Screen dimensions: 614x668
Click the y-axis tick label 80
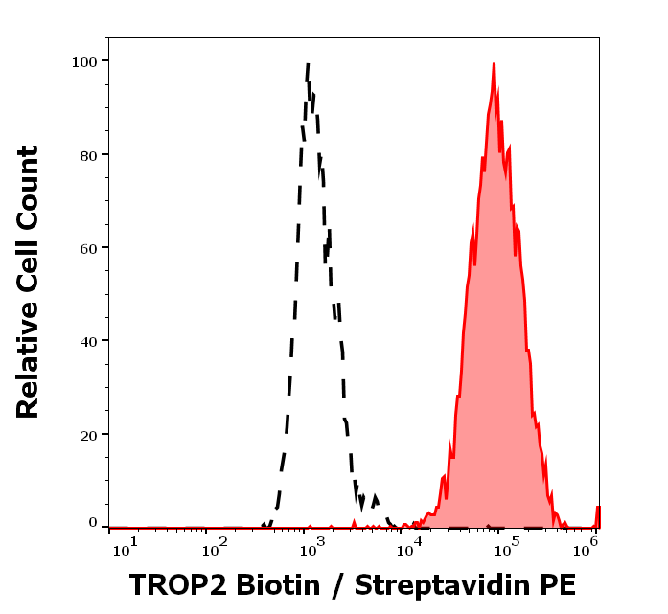(87, 155)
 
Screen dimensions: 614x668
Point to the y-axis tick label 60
(87, 248)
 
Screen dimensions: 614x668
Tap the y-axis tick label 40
(87, 341)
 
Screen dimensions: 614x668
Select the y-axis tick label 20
(87, 435)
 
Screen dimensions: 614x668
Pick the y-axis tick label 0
(93, 523)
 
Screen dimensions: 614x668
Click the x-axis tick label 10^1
(126, 546)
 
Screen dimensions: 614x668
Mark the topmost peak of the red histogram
(494, 64)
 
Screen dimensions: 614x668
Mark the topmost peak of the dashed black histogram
(308, 64)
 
